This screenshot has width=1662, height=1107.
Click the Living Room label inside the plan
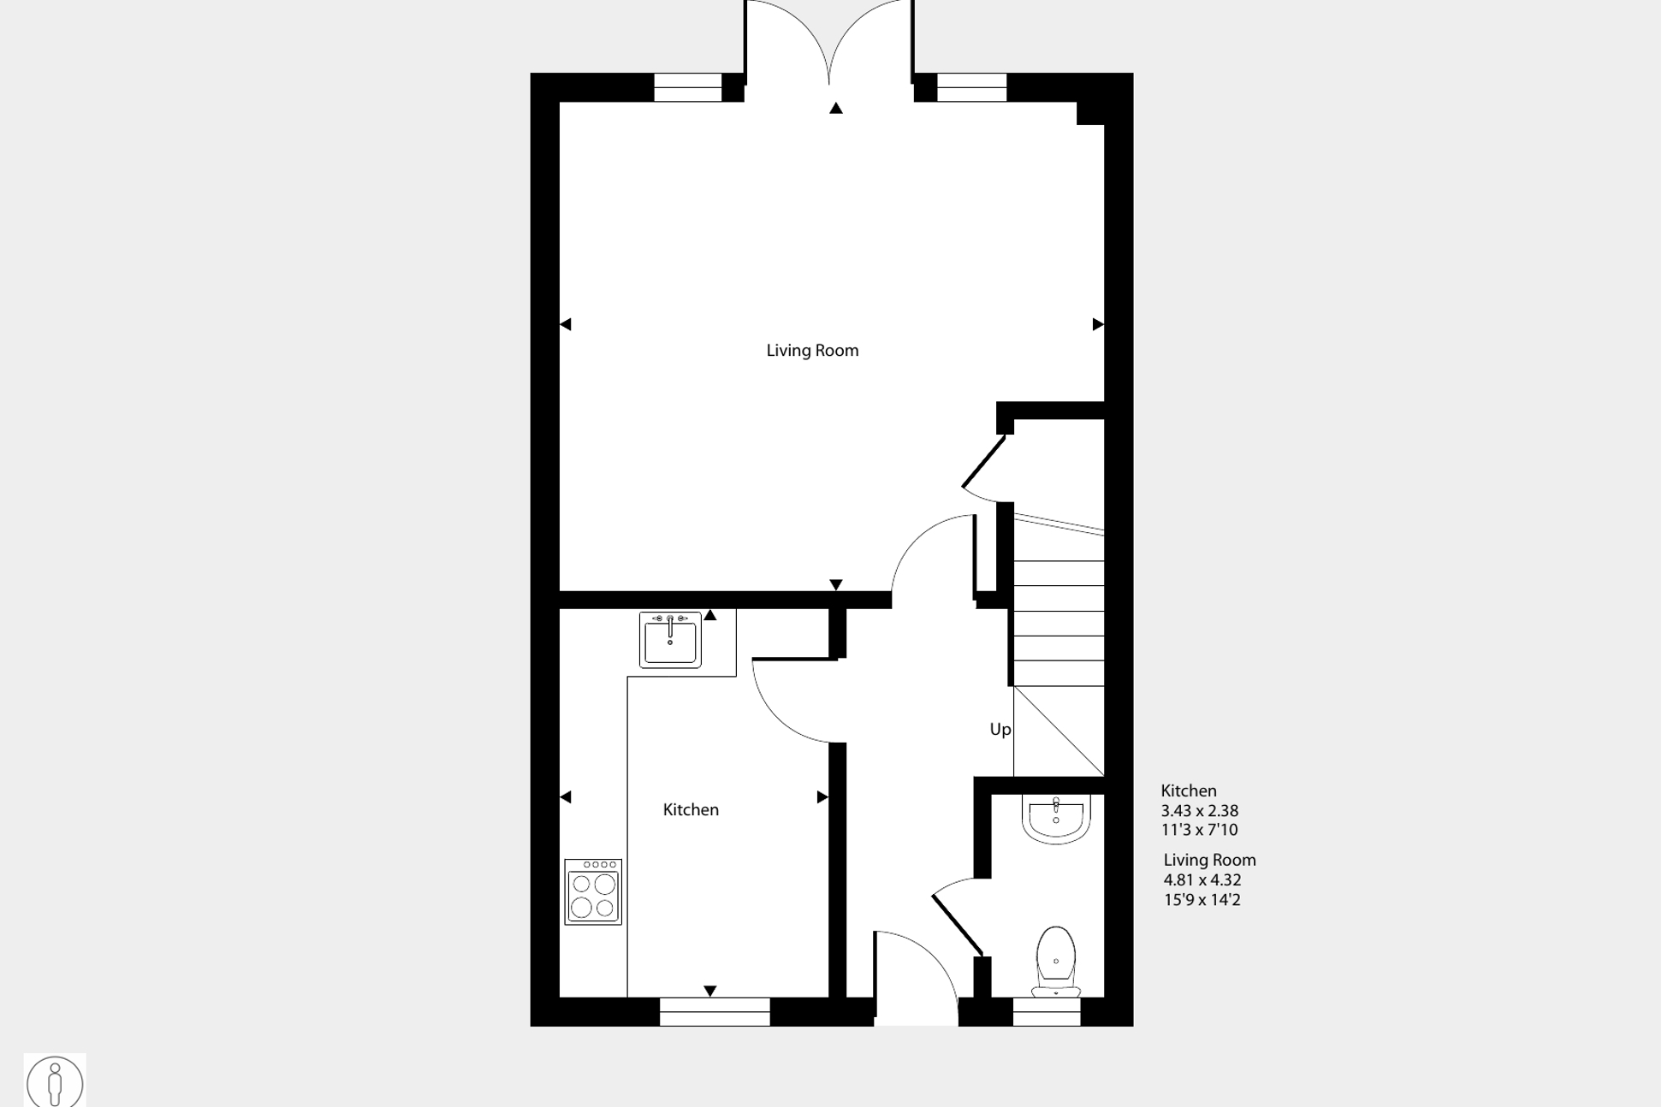(812, 351)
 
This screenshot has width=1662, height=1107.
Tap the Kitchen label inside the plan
(691, 809)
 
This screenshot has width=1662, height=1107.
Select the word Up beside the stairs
(1000, 730)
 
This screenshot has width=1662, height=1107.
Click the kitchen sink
(670, 639)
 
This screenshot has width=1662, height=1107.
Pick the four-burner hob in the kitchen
(593, 892)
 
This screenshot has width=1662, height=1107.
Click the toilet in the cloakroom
(1056, 962)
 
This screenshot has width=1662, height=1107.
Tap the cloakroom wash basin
(1056, 819)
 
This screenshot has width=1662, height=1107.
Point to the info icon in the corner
(55, 1081)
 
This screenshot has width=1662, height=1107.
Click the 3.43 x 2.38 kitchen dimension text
(1200, 811)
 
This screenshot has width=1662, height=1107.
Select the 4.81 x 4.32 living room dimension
(1202, 880)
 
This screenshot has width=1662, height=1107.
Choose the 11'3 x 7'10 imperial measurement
(1200, 830)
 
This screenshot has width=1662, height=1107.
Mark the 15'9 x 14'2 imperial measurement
(1202, 900)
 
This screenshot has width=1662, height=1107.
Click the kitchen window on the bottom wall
(715, 1012)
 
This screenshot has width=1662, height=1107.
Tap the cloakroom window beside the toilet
(1047, 1012)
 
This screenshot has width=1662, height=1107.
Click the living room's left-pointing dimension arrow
(566, 324)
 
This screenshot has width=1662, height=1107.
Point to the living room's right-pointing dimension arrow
(1098, 324)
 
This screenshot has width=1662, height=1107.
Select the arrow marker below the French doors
(836, 108)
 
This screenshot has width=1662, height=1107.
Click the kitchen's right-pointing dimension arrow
(822, 797)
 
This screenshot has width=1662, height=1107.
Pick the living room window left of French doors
(688, 87)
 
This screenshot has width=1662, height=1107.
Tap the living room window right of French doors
(972, 87)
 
